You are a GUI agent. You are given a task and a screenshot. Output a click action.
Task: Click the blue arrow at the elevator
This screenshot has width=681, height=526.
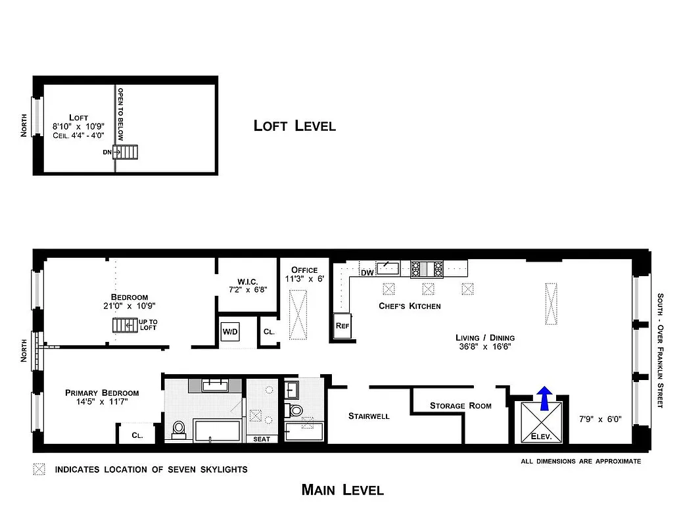[x=544, y=398]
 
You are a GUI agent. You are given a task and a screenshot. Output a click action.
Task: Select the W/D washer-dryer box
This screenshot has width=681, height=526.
[x=230, y=331]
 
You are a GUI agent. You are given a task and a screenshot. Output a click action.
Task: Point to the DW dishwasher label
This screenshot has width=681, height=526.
[x=367, y=272]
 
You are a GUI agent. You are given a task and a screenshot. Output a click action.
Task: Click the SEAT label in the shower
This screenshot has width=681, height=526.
[x=261, y=439]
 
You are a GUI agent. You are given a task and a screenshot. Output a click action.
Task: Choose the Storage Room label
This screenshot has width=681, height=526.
[x=460, y=406]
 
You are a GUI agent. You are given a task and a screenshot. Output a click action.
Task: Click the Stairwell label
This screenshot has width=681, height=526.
[x=369, y=416]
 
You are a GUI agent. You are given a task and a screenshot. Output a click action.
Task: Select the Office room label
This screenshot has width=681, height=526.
[x=304, y=270]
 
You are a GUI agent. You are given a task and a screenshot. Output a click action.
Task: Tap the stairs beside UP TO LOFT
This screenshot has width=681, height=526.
[x=124, y=325]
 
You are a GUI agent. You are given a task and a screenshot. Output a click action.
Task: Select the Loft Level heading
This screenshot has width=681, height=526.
[x=294, y=126]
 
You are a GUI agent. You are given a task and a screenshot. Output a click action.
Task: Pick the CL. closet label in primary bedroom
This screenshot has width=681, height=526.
[x=137, y=435]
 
